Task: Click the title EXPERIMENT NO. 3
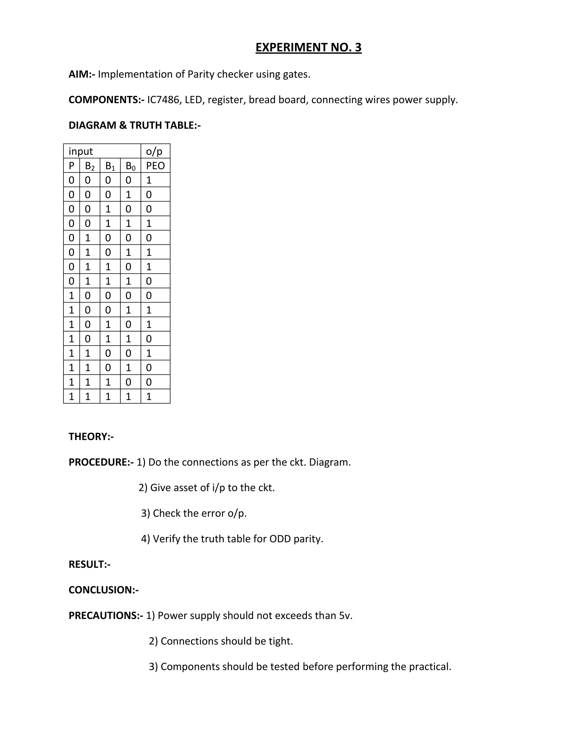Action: click(308, 47)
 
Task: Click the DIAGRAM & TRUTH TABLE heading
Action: click(134, 125)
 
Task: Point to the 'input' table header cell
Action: click(81, 151)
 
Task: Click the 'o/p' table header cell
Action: click(154, 151)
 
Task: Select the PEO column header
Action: click(155, 166)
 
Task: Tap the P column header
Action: click(71, 166)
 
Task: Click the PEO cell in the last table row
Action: click(149, 396)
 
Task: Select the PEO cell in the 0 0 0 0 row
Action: click(149, 180)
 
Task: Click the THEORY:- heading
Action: click(91, 437)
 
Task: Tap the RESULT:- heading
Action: click(89, 565)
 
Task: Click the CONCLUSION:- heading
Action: click(104, 590)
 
